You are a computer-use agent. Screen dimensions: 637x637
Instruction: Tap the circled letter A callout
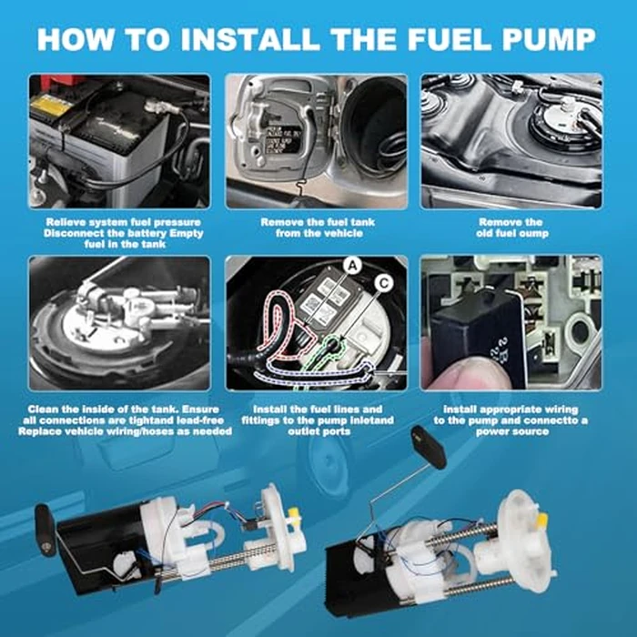349,265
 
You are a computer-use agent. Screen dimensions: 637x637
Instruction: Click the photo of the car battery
119,141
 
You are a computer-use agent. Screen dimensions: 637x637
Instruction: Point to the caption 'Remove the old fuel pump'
511,227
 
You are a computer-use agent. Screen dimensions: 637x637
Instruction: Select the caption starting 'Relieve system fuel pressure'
119,233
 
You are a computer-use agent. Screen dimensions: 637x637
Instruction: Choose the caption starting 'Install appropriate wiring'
511,420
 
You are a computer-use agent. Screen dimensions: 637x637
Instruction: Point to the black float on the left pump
44,525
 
